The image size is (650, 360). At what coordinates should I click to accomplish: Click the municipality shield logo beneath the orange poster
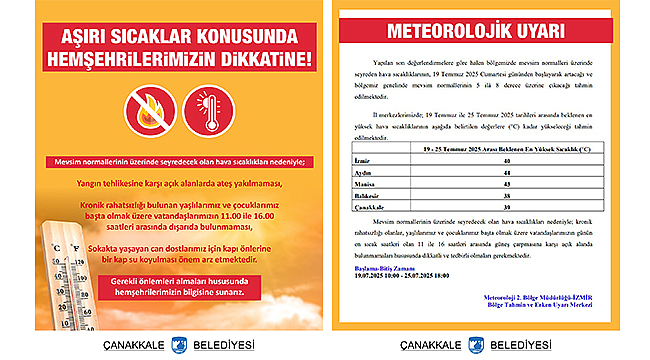click(x=181, y=342)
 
